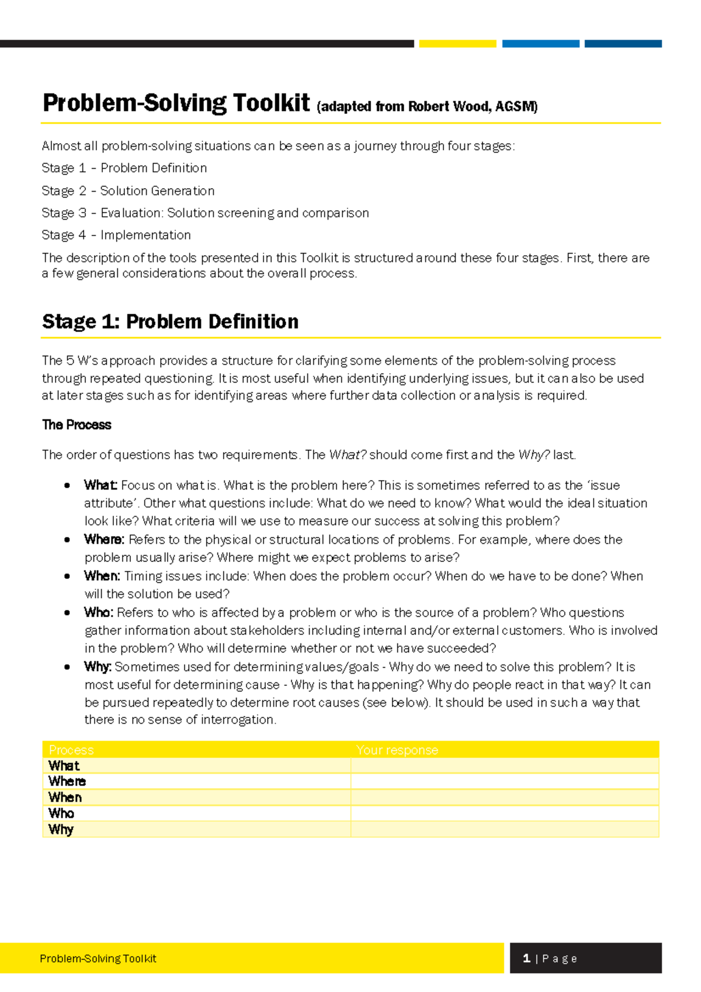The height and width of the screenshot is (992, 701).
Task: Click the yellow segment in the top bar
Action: [457, 44]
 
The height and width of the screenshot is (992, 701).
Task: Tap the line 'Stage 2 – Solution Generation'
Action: [128, 190]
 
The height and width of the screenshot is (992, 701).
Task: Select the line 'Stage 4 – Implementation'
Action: [116, 235]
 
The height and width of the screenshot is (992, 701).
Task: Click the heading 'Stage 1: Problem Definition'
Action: [170, 321]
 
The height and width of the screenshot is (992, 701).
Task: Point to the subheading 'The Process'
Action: [77, 425]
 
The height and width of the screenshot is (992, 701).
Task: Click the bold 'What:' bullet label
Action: [100, 485]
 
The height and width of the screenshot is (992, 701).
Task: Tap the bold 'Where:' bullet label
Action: [104, 539]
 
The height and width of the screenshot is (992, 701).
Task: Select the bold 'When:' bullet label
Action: [102, 575]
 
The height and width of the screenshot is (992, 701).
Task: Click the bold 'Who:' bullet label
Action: [98, 612]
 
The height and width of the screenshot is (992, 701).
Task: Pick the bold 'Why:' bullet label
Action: [98, 667]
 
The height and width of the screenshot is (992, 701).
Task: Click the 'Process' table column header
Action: [71, 750]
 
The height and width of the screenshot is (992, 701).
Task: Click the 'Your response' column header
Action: [397, 750]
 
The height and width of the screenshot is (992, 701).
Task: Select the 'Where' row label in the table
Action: [67, 781]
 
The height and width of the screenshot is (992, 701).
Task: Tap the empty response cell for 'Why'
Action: [504, 829]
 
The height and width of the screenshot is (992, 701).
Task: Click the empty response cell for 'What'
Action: [504, 765]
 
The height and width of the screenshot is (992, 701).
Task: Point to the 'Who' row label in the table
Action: [61, 813]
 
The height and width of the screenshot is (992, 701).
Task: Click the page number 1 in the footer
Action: [526, 958]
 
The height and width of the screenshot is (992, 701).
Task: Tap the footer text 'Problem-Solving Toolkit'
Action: [98, 959]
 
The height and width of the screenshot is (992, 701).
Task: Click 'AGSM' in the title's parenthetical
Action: [516, 106]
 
